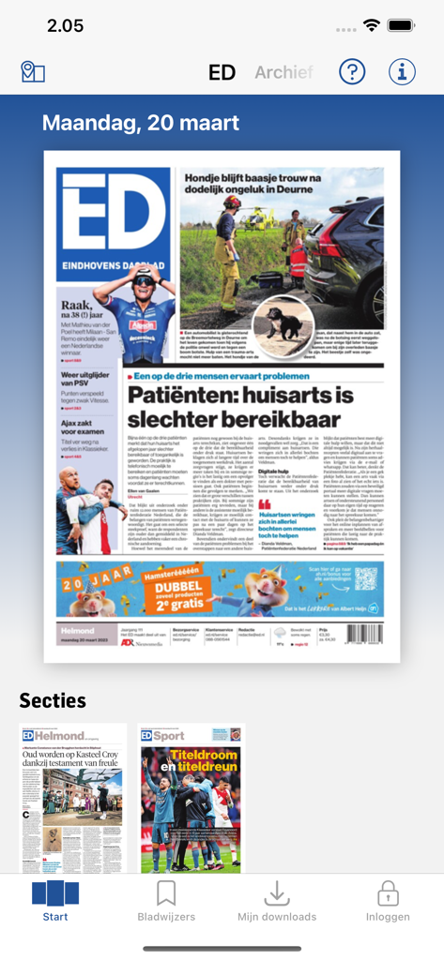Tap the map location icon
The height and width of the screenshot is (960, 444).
click(x=33, y=72)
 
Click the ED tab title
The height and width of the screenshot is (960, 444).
click(x=222, y=72)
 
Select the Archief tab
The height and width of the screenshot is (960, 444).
click(x=283, y=72)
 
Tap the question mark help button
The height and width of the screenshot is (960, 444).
click(x=352, y=71)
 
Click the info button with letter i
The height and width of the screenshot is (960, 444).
click(x=402, y=71)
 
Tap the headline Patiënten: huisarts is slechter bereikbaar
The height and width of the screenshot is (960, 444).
click(x=253, y=405)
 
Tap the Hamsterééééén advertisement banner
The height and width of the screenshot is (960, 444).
click(x=220, y=588)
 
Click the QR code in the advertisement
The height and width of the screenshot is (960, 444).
click(x=366, y=578)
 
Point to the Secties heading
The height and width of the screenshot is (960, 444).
click(x=53, y=700)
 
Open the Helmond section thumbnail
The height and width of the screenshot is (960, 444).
click(x=73, y=798)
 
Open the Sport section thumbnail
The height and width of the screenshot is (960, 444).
click(x=191, y=798)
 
